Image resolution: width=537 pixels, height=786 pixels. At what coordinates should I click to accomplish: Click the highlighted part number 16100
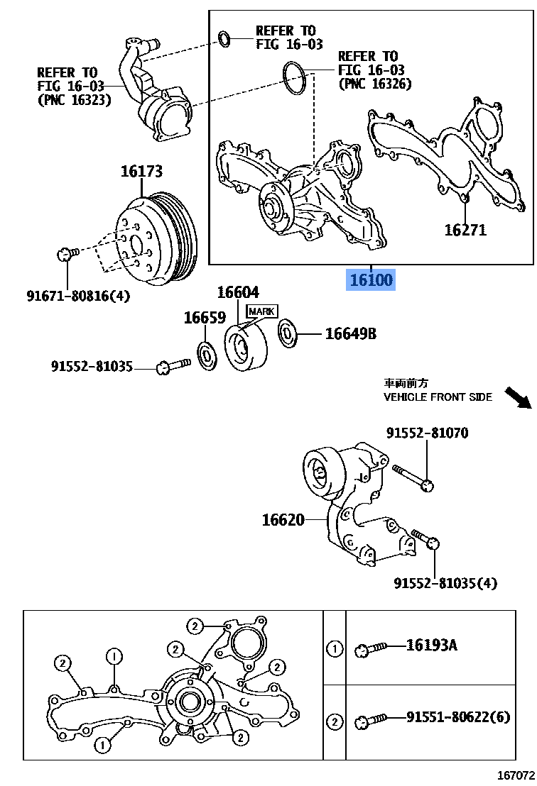coord(369,280)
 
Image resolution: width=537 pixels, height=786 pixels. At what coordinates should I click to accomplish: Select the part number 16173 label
coord(141,171)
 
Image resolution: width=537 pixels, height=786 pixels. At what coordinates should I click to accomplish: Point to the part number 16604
coord(238,292)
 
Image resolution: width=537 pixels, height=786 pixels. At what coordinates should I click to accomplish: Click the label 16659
coord(205,318)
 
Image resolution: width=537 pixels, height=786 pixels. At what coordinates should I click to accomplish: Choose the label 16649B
coord(350,333)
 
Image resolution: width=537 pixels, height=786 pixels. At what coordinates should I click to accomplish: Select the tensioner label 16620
coord(283,520)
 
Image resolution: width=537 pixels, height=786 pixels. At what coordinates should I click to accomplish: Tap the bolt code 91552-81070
coord(428,433)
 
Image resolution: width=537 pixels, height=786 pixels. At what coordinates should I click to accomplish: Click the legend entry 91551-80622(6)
coord(458,717)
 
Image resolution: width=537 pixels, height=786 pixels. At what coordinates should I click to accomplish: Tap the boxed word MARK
coord(261,311)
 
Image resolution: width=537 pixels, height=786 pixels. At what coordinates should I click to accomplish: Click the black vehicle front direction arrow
coord(518,397)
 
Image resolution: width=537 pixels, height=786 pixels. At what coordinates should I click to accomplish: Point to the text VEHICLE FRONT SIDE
coord(438,397)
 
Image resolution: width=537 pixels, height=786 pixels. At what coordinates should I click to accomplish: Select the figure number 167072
coord(516,776)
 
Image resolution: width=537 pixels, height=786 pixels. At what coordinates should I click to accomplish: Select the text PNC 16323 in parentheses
coord(74,100)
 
